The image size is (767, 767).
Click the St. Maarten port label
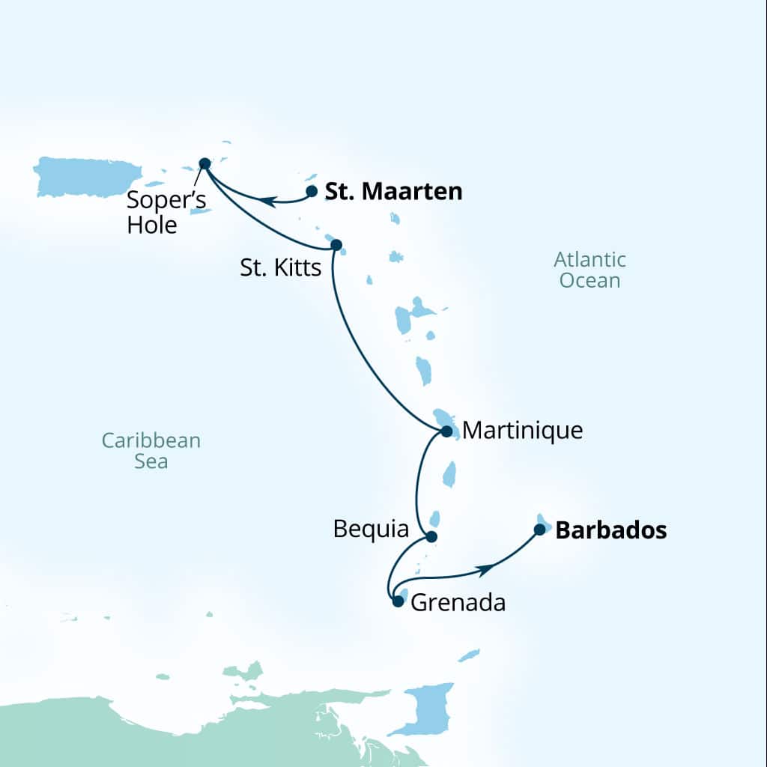[393, 192]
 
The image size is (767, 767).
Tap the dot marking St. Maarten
[312, 191]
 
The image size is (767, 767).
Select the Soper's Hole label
[166, 212]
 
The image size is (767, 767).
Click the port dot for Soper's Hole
[204, 163]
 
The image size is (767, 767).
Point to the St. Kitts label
[280, 268]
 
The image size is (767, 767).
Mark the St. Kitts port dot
[336, 244]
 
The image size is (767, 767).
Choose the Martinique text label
[522, 431]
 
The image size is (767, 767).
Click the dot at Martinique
[446, 431]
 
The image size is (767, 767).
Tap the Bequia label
[372, 530]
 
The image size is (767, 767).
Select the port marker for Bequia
[431, 536]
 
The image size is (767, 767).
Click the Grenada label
[458, 602]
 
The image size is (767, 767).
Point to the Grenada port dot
[398, 601]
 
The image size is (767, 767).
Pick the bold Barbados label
[610, 530]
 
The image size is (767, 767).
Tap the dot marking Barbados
[539, 530]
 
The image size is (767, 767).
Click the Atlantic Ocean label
[589, 270]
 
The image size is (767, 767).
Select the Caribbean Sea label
[151, 450]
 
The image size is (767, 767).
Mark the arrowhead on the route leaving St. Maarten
[265, 200]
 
